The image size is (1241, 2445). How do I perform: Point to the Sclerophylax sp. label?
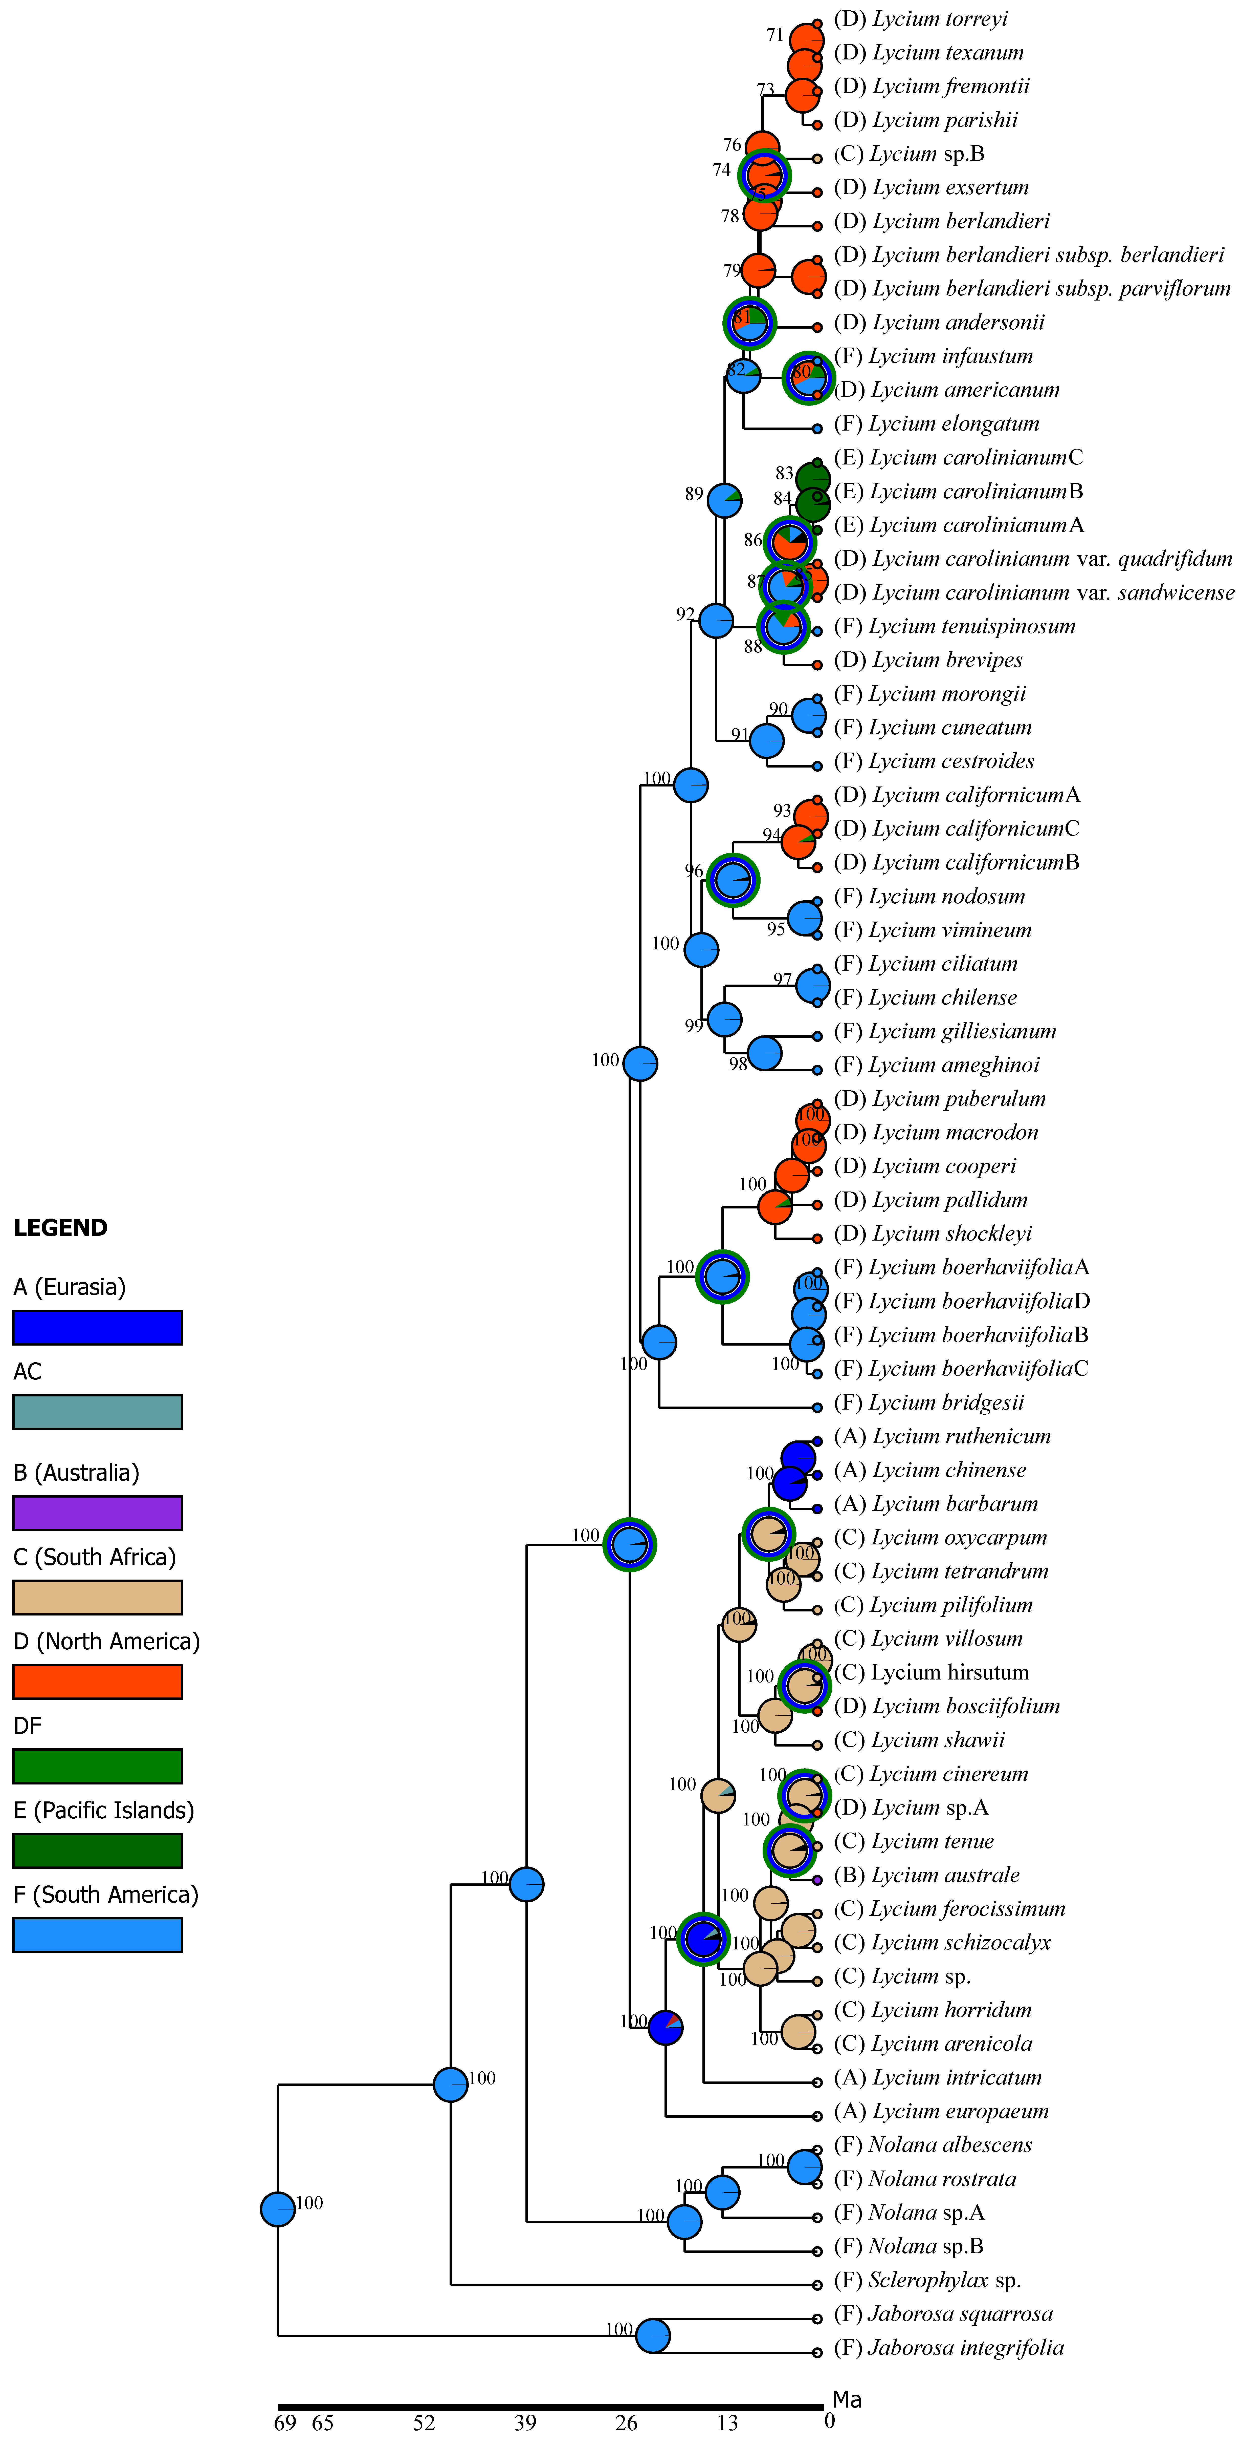[944, 2280]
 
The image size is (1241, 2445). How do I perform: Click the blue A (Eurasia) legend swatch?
[97, 1327]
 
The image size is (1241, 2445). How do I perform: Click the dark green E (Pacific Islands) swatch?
[97, 1850]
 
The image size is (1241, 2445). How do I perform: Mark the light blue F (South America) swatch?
[97, 1934]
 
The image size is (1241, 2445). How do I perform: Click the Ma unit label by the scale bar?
[846, 2399]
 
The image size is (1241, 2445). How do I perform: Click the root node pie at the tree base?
[278, 2209]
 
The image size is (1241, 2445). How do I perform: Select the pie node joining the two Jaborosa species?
[653, 2335]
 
